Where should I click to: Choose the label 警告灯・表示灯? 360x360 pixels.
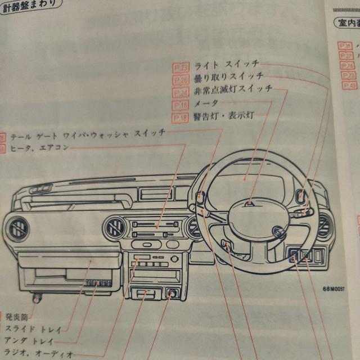point(223,116)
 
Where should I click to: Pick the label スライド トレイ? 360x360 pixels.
point(33,328)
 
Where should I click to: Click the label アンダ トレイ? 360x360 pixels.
point(30,341)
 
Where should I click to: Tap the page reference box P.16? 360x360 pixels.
point(181,105)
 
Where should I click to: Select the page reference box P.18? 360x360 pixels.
point(181,118)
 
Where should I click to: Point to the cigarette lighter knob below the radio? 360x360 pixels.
point(172,293)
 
